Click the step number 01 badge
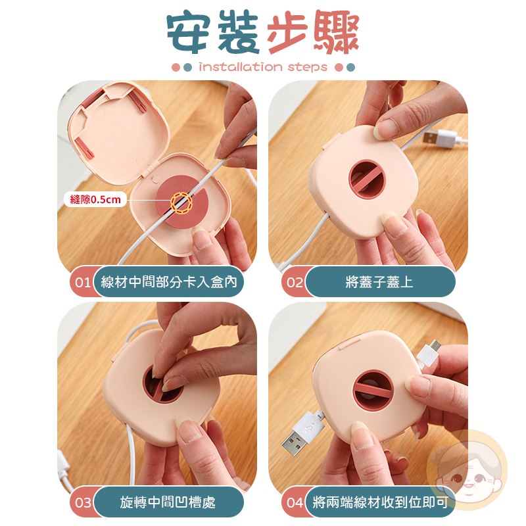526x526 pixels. point(82,282)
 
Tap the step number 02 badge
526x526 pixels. point(294,282)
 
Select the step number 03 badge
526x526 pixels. point(82,502)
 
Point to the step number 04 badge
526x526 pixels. point(294,502)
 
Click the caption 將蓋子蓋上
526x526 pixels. point(379,282)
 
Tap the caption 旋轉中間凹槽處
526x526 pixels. point(168,502)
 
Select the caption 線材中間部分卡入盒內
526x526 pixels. point(169,282)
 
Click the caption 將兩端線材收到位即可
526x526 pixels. point(380,502)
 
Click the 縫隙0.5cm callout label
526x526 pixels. point(95,200)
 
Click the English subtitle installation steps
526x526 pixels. point(263,67)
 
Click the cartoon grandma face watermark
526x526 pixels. point(467,469)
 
